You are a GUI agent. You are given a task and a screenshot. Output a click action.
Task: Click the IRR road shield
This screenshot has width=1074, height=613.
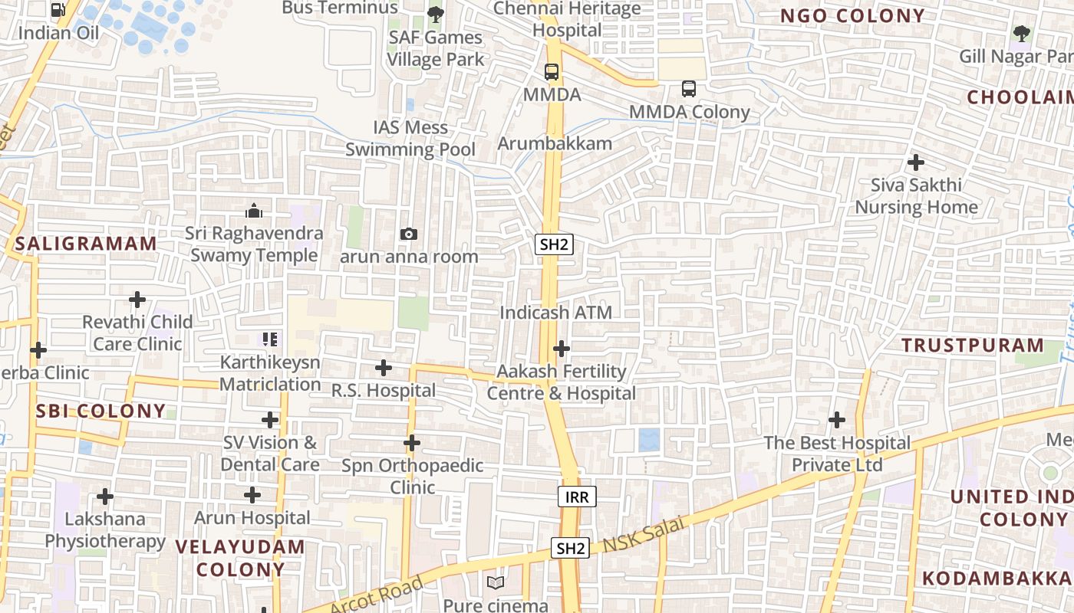tap(577, 497)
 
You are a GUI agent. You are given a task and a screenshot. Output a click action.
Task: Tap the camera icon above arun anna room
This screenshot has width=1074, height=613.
tap(409, 234)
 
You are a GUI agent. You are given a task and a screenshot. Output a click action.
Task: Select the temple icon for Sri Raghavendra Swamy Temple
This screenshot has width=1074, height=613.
tap(254, 211)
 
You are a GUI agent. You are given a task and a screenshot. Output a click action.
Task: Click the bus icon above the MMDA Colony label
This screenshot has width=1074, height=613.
tap(688, 89)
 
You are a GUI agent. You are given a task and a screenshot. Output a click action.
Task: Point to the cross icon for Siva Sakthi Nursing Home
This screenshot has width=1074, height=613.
tap(915, 162)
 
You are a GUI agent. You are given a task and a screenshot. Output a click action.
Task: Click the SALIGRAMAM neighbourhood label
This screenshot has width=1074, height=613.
tap(86, 244)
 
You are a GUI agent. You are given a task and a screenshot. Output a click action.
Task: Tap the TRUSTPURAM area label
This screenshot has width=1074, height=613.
tap(973, 345)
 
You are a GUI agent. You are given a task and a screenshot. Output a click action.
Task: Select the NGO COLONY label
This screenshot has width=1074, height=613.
tap(852, 16)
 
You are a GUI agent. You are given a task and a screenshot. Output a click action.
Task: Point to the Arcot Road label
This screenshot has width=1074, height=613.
tap(377, 595)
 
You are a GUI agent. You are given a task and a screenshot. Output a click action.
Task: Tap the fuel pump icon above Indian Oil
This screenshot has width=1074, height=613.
tap(58, 10)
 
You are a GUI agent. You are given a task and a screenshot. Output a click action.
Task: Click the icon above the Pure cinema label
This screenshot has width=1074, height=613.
tap(496, 583)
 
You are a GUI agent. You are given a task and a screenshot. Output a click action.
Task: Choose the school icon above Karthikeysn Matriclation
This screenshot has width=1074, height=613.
tap(269, 339)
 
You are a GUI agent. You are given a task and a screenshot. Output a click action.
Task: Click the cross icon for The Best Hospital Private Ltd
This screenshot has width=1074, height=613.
tap(837, 420)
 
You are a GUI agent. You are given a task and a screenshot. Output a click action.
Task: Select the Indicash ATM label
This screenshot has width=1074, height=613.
tap(556, 313)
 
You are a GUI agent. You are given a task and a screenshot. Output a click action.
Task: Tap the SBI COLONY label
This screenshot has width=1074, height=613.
tap(100, 411)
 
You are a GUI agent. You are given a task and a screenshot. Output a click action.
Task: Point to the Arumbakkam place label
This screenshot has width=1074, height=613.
tap(555, 143)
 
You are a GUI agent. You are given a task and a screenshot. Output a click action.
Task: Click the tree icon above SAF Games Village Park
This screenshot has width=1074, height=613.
tap(435, 14)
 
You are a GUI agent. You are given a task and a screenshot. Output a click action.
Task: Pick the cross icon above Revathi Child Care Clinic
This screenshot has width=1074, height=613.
tap(137, 299)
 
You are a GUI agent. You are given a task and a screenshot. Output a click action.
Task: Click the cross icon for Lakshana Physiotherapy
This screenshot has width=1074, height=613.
tap(105, 497)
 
